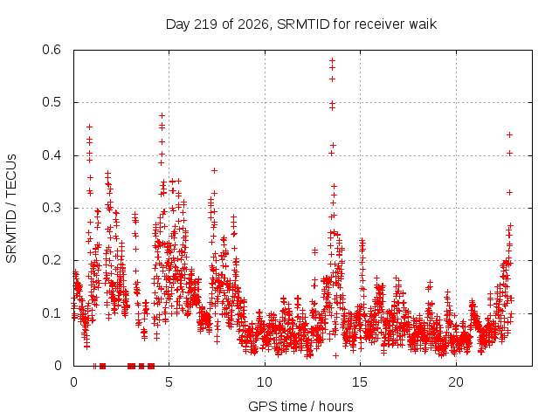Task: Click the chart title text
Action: [x=301, y=24]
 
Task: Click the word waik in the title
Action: [x=423, y=24]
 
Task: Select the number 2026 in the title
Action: [x=253, y=24]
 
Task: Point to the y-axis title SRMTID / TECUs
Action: [x=11, y=209]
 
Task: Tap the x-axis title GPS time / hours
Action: [x=300, y=406]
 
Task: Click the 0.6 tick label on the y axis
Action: [x=52, y=50]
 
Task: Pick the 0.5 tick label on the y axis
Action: [x=52, y=102]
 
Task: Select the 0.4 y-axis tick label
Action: [x=52, y=155]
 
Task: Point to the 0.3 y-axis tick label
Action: [x=52, y=208]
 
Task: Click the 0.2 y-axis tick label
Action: [x=52, y=260]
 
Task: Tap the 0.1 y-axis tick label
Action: [x=52, y=313]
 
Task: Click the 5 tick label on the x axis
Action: [x=169, y=382]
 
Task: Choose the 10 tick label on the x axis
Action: [x=265, y=382]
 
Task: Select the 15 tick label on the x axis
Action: [x=360, y=382]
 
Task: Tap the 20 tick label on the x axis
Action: [x=456, y=382]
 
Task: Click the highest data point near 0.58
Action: [x=332, y=60]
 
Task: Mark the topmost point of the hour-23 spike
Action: [x=509, y=134]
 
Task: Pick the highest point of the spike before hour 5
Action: [x=162, y=115]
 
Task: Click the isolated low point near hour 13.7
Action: [x=335, y=355]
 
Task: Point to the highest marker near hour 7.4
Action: [x=214, y=171]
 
